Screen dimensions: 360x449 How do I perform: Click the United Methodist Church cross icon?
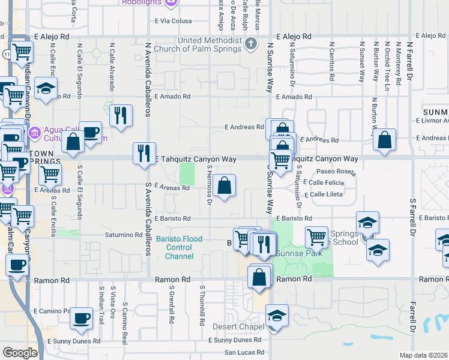[252, 44]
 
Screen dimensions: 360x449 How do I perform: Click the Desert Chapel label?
[238, 327]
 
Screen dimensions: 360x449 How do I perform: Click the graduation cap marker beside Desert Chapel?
[277, 316]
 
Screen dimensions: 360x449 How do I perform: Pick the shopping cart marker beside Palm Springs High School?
[316, 237]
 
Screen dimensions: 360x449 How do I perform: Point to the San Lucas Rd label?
[244, 353]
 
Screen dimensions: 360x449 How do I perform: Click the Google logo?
[20, 353]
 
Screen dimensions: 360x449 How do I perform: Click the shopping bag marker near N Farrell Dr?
[385, 139]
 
